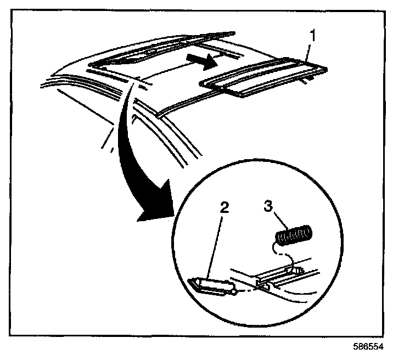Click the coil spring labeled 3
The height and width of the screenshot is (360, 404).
(294, 237)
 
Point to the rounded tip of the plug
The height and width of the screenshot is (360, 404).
(235, 292)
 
